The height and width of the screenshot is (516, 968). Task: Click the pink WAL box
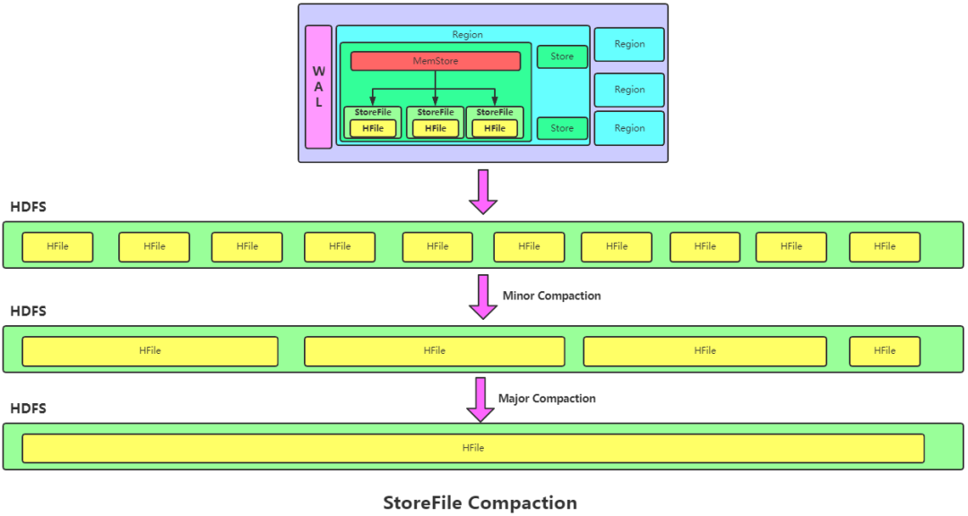point(318,87)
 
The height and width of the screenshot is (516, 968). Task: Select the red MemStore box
point(436,61)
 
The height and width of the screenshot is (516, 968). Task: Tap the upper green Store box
point(562,56)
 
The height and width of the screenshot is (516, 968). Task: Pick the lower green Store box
point(562,128)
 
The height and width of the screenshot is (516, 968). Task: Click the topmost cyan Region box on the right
point(629,45)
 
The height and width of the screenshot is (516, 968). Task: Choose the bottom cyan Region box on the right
point(629,128)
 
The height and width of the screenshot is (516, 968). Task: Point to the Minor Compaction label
point(551,296)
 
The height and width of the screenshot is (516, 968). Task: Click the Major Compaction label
point(547,399)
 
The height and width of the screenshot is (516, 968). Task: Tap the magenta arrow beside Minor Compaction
point(483,297)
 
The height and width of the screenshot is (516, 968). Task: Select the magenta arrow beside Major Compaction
point(480,400)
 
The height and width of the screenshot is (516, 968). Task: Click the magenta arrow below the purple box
point(483,192)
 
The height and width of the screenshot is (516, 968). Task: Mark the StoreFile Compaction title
point(480,503)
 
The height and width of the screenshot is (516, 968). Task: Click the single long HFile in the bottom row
point(473,448)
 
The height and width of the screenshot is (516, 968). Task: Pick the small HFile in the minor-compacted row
point(885,351)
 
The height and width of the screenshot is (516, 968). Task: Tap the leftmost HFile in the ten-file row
point(57,247)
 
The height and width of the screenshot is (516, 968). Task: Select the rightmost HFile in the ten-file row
point(885,247)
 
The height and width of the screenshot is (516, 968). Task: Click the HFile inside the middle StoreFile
point(436,128)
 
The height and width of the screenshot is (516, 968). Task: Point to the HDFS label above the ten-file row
point(29,207)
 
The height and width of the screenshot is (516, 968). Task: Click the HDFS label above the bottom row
point(29,408)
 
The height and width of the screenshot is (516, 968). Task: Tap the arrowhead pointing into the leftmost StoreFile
point(372,100)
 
